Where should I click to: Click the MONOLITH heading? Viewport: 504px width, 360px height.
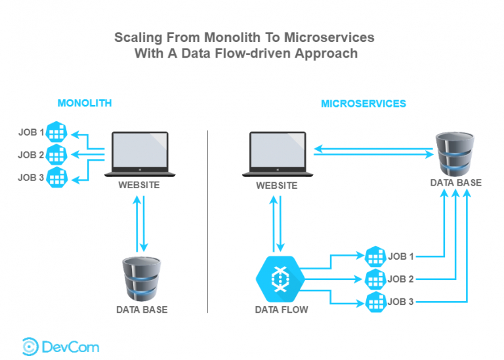tap(85, 103)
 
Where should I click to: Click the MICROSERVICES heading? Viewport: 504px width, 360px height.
tap(364, 104)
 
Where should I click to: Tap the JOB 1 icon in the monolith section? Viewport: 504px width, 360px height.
tap(56, 132)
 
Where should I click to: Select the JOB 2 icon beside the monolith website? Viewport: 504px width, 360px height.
tap(56, 155)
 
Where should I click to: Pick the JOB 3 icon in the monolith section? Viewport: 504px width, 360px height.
tap(57, 177)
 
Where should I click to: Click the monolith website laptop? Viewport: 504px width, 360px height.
tap(140, 154)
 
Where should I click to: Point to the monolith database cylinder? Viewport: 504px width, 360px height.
tap(142, 279)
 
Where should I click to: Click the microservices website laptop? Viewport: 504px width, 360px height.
tap(278, 154)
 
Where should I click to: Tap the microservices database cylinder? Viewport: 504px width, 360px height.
tap(455, 154)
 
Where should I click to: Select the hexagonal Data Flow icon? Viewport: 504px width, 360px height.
tap(280, 279)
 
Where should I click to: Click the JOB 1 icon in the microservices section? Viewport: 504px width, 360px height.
tap(375, 256)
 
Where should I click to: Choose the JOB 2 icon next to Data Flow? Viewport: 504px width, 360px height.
tap(375, 279)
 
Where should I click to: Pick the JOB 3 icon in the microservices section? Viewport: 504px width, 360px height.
tap(376, 302)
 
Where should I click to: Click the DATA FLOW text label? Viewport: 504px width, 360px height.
tap(282, 310)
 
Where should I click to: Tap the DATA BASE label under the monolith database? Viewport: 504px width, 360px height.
tap(142, 310)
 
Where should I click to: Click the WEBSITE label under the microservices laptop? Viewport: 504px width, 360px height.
tap(277, 186)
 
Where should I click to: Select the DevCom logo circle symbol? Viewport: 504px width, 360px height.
tap(30, 346)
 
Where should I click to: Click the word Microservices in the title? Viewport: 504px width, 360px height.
tap(329, 37)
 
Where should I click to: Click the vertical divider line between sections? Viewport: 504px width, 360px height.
tap(207, 222)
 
